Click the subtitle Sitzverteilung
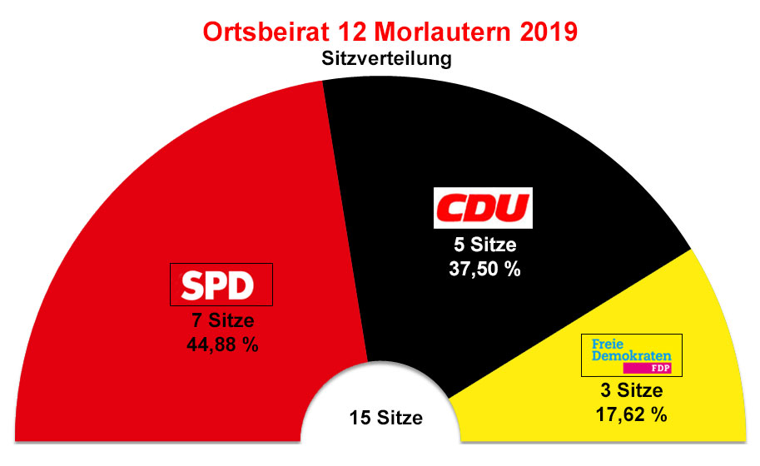(380, 60)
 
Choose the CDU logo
(484, 208)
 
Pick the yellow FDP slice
(699, 316)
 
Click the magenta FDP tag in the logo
(652, 368)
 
